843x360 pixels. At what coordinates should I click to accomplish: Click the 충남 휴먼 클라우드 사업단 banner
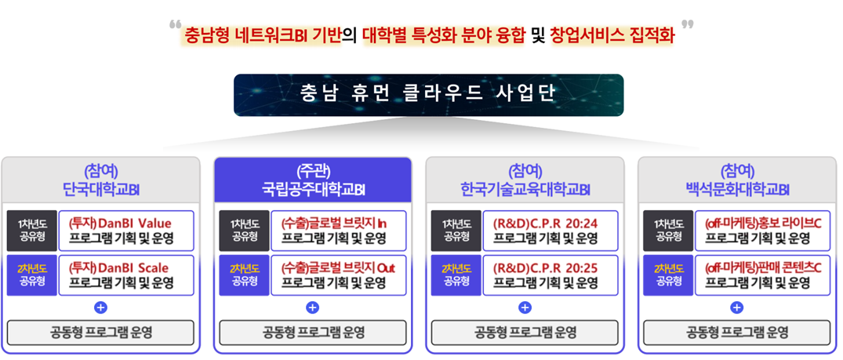pos(428,95)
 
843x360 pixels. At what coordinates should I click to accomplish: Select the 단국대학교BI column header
pos(100,180)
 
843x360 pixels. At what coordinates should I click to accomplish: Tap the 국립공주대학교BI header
pos(313,180)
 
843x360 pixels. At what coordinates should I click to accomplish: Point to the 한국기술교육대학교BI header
pos(525,180)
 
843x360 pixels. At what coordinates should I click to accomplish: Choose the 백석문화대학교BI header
pos(737,180)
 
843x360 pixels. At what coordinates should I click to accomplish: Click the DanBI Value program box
pos(125,231)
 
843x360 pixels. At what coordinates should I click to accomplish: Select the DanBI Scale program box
pos(125,275)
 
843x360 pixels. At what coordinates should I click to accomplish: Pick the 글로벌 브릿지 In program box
pos(339,231)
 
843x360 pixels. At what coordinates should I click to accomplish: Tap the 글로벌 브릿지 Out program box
pos(339,275)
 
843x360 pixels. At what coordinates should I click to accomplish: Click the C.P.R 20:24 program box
pos(550,231)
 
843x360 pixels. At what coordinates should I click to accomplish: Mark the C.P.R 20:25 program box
pos(550,275)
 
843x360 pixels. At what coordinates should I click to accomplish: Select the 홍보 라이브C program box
pos(762,231)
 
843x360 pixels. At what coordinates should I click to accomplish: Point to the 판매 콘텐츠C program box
pos(762,275)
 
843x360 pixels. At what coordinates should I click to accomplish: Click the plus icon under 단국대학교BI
pos(100,307)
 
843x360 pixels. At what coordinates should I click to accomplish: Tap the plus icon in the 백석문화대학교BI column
pos(737,307)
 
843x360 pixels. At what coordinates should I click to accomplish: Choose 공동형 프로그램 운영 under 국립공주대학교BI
pos(313,333)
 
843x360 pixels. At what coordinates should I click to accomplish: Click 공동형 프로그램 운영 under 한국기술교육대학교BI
pos(525,333)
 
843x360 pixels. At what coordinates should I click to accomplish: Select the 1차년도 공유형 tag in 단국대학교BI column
pos(31,231)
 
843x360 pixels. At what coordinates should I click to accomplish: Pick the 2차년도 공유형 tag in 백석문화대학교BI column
pos(668,275)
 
